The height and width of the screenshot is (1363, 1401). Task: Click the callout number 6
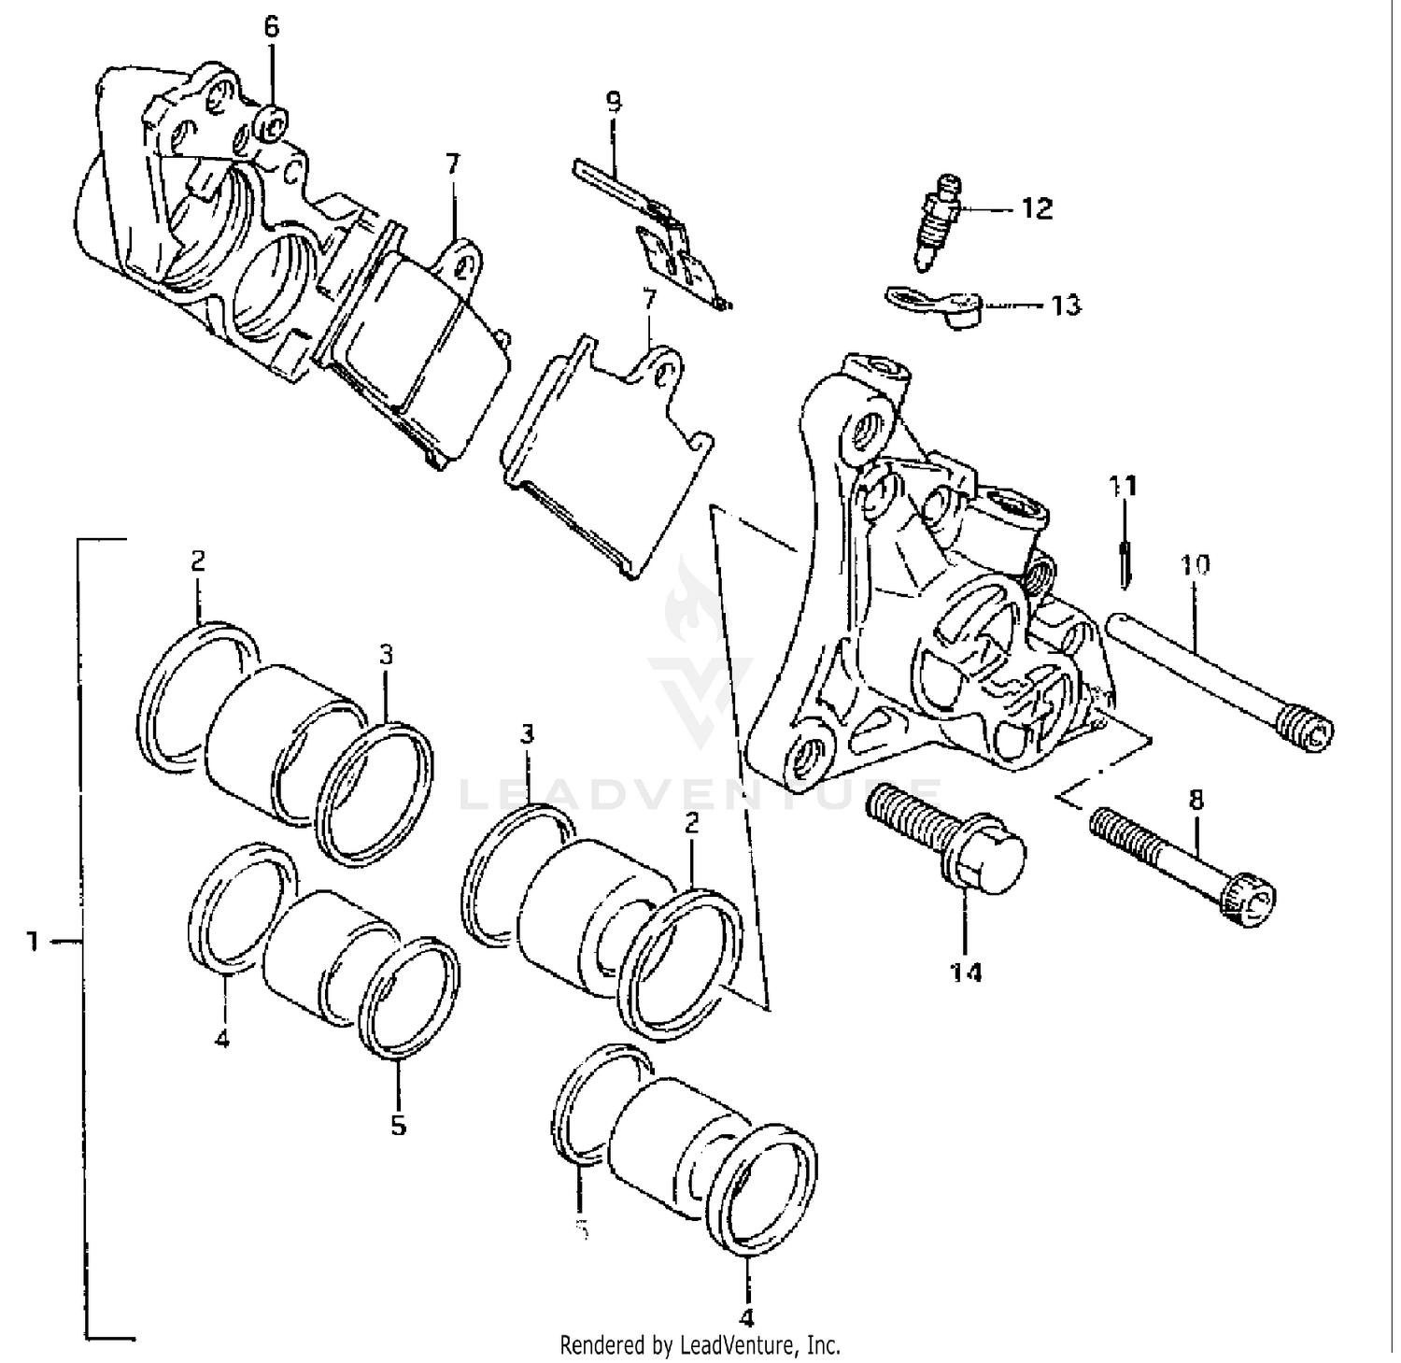271,27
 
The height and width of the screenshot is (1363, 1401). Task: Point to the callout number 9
613,101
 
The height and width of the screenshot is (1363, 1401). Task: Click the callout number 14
968,973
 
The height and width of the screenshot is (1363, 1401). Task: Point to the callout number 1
33,942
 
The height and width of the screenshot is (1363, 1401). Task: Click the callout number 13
1066,305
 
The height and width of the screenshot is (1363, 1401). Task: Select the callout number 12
1037,208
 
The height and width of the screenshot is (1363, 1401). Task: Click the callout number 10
1196,564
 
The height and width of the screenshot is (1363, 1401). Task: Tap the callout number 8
1196,800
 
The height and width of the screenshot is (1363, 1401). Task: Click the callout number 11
1124,486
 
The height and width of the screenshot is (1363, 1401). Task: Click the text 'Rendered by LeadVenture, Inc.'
700,1345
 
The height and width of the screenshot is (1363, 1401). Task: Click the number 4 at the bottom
745,1317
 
